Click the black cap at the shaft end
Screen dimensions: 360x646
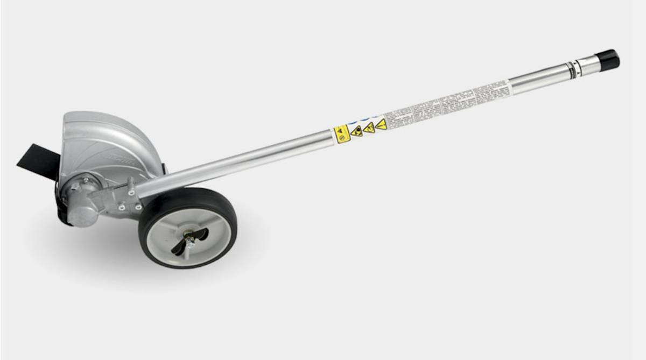coord(608,59)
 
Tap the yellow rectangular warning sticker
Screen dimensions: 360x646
coord(342,133)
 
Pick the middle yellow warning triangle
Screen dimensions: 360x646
coord(369,128)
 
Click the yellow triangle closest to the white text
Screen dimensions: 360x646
coord(381,124)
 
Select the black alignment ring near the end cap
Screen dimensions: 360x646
coord(575,67)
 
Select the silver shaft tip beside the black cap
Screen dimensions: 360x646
coord(588,65)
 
